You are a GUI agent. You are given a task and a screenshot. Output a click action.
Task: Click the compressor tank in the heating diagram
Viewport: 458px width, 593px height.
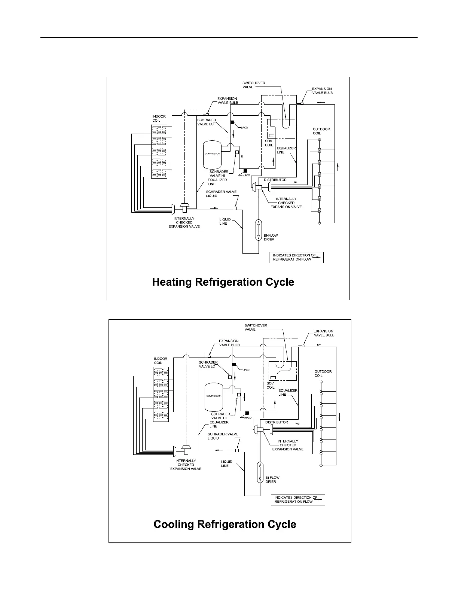point(211,154)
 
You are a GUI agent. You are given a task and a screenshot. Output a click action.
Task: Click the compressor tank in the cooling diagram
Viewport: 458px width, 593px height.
point(214,396)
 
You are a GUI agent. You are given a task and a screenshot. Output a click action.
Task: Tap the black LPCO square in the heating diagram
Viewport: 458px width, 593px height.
point(232,122)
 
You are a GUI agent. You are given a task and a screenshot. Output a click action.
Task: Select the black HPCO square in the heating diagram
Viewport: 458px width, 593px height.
point(245,171)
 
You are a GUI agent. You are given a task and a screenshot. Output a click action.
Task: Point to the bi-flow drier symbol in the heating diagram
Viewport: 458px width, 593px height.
point(258,230)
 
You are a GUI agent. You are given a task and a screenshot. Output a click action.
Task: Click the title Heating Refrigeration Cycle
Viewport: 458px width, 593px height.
point(223,282)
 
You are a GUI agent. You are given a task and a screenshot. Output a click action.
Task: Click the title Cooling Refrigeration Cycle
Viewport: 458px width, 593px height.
point(225,524)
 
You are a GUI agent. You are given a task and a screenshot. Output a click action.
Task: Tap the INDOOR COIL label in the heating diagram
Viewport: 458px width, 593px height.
point(159,118)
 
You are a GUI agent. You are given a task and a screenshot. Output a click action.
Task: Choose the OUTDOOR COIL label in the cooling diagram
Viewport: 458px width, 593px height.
point(323,373)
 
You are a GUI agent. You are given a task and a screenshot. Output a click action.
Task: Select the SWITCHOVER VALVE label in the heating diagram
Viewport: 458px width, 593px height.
point(254,85)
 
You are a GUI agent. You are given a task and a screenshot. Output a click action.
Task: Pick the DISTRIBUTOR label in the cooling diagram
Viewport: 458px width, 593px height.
point(277,422)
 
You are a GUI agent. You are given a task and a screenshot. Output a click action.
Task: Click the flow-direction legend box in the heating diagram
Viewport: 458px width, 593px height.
point(296,257)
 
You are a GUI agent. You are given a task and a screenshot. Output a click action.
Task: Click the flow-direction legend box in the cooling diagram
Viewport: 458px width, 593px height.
point(298,499)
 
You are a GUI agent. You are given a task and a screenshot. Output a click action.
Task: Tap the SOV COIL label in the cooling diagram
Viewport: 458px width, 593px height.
point(271,385)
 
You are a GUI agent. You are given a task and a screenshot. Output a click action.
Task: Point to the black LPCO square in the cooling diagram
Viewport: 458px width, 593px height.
point(234,365)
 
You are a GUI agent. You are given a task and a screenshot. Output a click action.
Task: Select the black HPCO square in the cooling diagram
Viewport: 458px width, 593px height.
point(247,413)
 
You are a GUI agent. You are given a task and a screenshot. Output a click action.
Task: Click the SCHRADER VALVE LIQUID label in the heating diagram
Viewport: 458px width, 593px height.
point(221,194)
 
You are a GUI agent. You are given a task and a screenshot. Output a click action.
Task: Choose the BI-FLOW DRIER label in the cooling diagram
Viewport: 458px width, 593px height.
point(272,480)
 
